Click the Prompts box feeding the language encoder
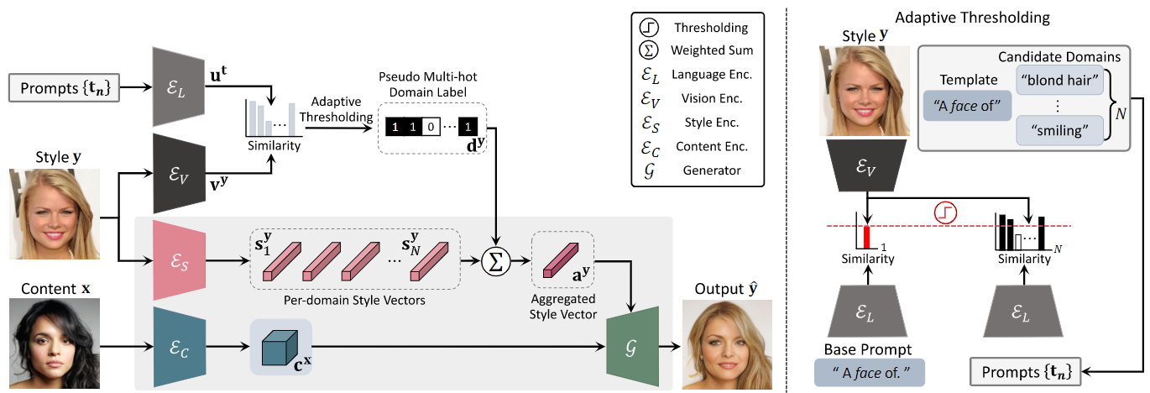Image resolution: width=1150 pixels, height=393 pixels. point(65,86)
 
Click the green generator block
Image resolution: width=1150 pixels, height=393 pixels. point(632,343)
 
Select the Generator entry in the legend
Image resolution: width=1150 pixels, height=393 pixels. point(711,170)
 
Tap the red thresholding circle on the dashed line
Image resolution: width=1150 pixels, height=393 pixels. point(945,212)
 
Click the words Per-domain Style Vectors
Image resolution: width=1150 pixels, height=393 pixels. point(356,299)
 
